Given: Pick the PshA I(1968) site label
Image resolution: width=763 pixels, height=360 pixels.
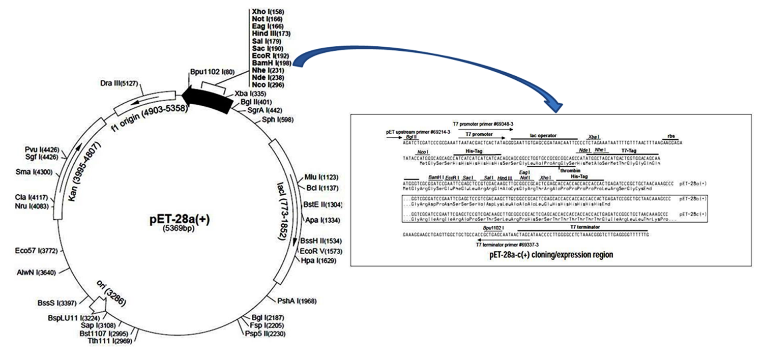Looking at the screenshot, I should coord(296,301).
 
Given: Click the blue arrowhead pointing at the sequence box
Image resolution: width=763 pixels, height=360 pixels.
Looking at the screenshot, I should coord(558,105).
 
